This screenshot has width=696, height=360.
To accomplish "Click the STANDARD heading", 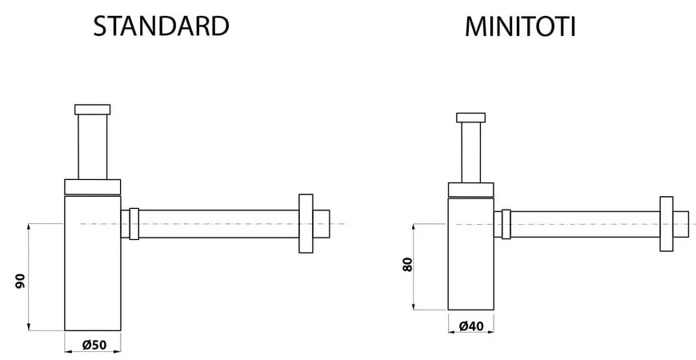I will click(161, 26).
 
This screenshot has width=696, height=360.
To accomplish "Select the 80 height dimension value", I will click(406, 266).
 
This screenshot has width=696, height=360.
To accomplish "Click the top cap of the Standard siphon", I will click(92, 109).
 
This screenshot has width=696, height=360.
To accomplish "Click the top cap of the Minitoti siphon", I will click(470, 118).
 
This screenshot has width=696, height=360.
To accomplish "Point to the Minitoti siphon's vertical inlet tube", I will click(470, 152).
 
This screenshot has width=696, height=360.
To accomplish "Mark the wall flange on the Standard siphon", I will click(305, 223).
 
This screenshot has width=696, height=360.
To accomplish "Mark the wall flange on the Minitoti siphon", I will click(666, 223).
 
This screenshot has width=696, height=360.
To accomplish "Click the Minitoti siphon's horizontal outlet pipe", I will click(584, 224).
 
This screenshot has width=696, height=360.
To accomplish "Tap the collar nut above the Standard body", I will click(92, 186).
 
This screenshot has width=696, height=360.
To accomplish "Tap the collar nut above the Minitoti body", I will click(470, 190).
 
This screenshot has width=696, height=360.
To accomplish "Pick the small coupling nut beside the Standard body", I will click(134, 224).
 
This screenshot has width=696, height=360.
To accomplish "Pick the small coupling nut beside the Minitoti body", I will click(506, 223).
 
